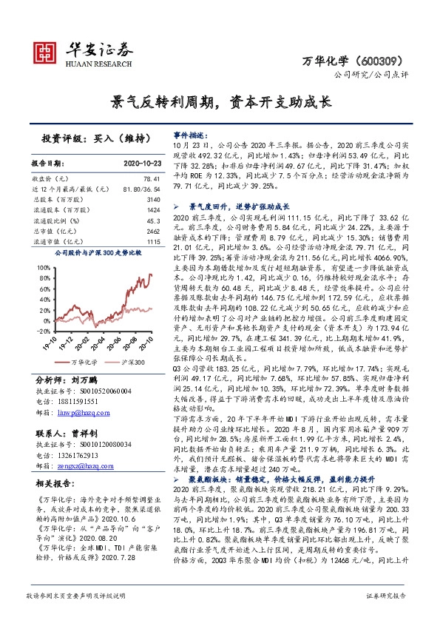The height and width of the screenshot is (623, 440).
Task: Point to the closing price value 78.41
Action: (x=152, y=180)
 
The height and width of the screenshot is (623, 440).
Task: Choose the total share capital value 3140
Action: (x=153, y=201)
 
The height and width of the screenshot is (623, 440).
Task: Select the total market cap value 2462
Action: (x=153, y=232)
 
